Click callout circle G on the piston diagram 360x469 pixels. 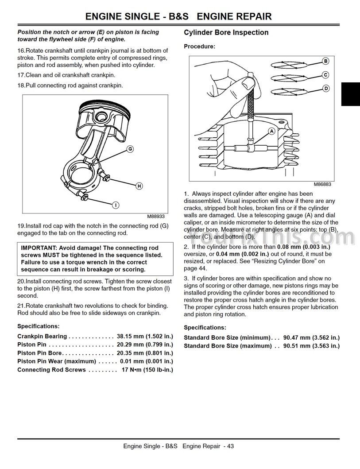(130, 149)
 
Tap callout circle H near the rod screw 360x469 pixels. (139, 186)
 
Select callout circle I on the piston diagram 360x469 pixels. (116, 205)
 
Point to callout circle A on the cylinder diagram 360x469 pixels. (272, 131)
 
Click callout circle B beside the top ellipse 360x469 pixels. (325, 61)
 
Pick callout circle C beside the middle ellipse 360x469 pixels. (325, 75)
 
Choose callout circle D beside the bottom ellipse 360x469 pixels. (326, 88)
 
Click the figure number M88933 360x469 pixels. (155, 216)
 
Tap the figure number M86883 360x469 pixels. (322, 184)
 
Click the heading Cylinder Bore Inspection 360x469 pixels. (226, 32)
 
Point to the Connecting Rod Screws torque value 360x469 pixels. (147, 370)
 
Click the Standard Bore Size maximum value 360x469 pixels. (312, 346)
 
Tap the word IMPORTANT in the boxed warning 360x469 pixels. (39, 248)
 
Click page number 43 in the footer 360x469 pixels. (231, 446)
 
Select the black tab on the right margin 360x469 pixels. (350, 94)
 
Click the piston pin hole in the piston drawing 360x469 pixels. (101, 116)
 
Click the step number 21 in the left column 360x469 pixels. (21, 306)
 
